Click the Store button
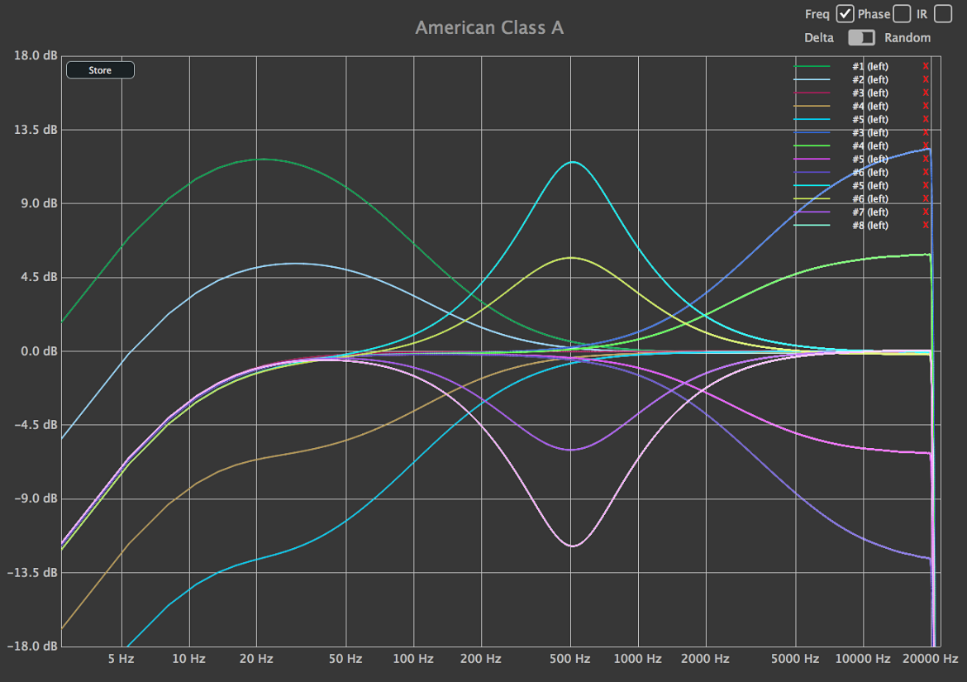[100, 70]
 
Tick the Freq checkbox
[845, 13]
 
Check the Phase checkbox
[902, 13]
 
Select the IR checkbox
[943, 13]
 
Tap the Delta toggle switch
[861, 38]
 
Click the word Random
[907, 38]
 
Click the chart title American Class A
[489, 28]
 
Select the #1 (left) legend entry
[870, 67]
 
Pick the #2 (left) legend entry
[870, 79]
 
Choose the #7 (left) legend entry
[870, 212]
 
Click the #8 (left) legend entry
[870, 226]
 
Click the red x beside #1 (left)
[926, 66]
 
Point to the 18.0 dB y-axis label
[36, 55]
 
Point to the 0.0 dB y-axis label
[39, 351]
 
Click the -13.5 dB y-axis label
[32, 572]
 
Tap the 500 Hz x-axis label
[569, 659]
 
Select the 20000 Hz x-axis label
[930, 659]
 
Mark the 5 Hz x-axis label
[121, 659]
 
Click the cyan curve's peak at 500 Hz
[573, 162]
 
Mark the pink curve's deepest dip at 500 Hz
[572, 546]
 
